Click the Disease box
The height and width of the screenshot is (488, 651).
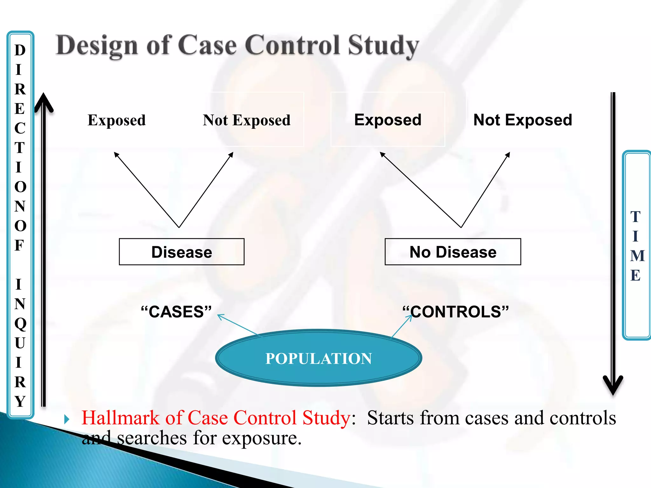[x=182, y=252]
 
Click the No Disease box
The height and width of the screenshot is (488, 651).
[x=453, y=252]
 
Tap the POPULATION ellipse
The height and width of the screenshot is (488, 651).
[x=319, y=358]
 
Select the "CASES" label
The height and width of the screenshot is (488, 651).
[x=176, y=312]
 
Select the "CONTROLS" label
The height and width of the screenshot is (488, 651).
[x=456, y=312]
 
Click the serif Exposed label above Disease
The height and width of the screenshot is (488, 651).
[x=117, y=120]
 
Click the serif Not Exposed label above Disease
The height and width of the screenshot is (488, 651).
[x=247, y=120]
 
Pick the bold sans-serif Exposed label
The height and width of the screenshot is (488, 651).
[x=388, y=120]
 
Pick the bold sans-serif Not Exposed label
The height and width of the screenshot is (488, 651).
[x=523, y=120]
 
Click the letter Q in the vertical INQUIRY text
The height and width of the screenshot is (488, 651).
[x=20, y=323]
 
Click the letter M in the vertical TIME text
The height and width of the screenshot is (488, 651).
[x=637, y=256]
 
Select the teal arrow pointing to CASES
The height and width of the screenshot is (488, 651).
[x=237, y=324]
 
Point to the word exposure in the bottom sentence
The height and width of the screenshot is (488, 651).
[x=261, y=438]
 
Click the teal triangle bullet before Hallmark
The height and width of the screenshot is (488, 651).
[x=66, y=419]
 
